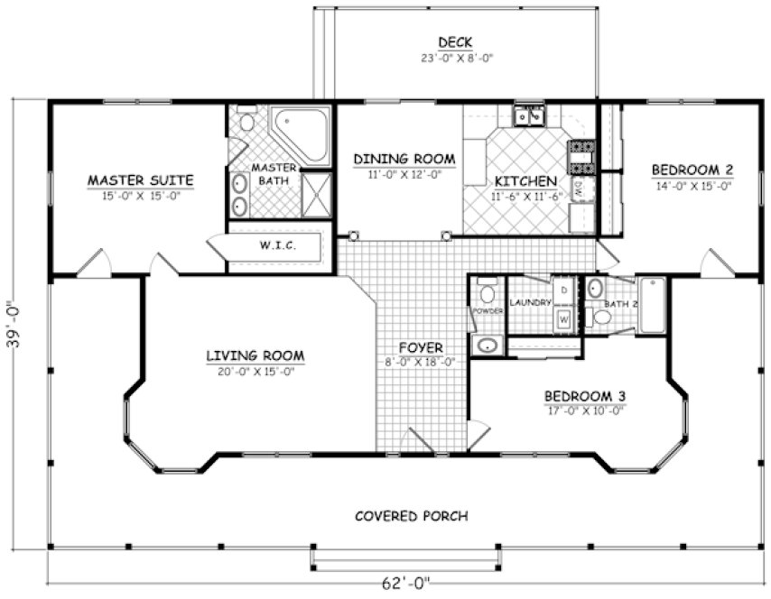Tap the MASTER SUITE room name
140,180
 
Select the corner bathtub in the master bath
302,136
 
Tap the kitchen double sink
528,115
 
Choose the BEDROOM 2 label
692,170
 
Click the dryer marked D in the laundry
563,290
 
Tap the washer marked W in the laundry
563,318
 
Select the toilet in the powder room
488,293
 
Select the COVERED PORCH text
411,516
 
